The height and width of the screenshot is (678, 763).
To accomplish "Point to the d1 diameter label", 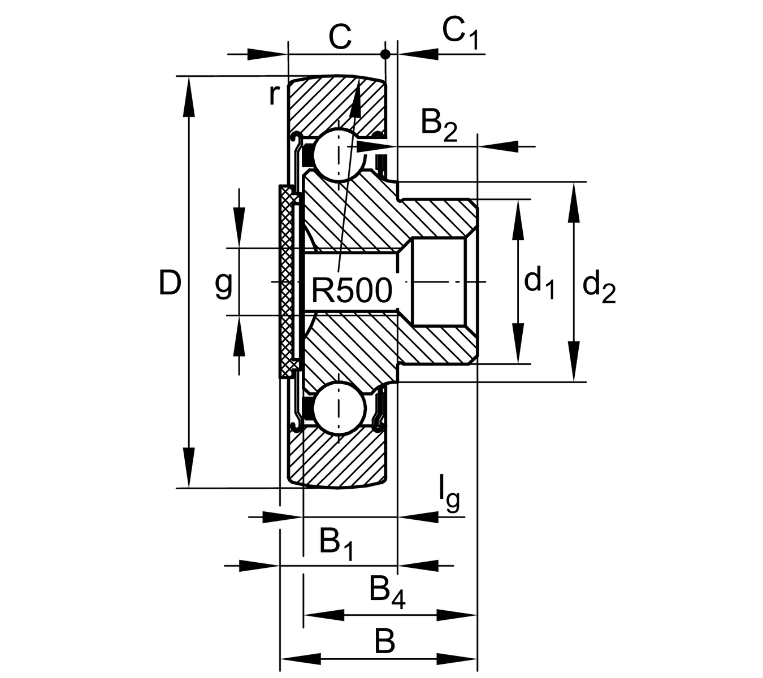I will (x=539, y=282).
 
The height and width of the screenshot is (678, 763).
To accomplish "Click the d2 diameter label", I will (x=599, y=285).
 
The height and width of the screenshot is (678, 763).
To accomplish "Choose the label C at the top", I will (x=340, y=37).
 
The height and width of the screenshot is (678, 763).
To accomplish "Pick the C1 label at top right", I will (x=460, y=33).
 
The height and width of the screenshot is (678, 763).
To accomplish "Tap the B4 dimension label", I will (x=387, y=591).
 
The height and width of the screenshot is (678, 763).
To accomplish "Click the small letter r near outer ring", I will (x=274, y=94).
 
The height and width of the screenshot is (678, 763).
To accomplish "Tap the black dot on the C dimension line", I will (x=385, y=54).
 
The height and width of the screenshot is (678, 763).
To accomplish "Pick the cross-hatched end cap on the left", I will (x=288, y=281).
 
